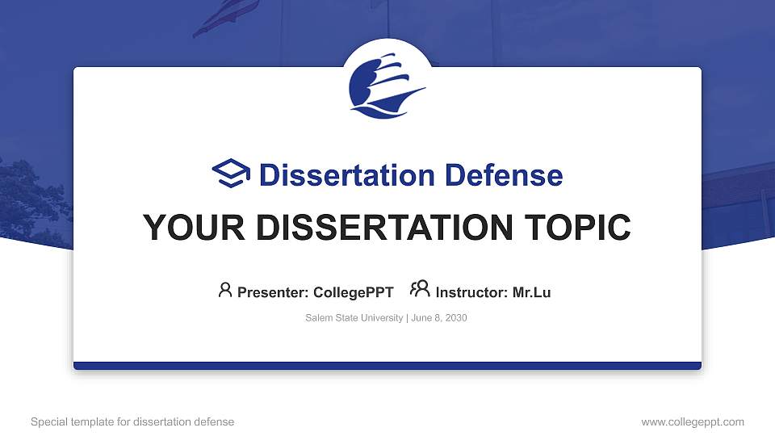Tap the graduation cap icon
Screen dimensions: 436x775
pos(232,174)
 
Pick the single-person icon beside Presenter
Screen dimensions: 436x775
pos(225,289)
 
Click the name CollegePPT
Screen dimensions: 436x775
pos(354,292)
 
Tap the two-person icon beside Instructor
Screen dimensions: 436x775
pos(420,288)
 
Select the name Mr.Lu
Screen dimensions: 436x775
pos(531,292)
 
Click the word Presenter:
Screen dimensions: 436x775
pos(272,292)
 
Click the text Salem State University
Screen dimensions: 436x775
pos(354,318)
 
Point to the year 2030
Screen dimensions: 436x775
pos(455,318)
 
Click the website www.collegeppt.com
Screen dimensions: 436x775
pos(693,421)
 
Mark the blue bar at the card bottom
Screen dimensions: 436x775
pos(387,366)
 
